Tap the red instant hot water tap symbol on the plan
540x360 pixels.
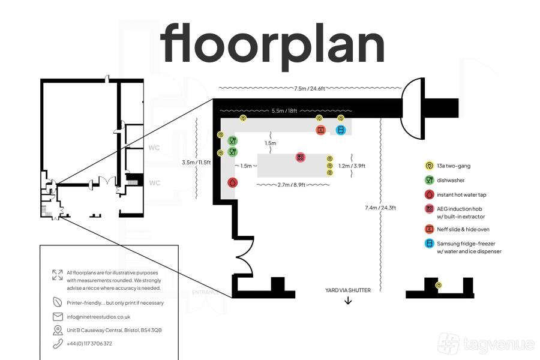click(x=232, y=182)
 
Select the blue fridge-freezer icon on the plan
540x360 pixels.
click(x=341, y=130)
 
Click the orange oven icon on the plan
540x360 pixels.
click(x=320, y=130)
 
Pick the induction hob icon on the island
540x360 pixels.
click(x=301, y=157)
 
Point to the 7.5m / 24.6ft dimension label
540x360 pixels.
click(x=310, y=89)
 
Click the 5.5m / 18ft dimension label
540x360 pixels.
click(x=284, y=111)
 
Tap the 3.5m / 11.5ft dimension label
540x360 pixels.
click(x=196, y=162)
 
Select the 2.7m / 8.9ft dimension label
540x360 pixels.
click(x=292, y=185)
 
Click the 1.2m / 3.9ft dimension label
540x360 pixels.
click(x=352, y=166)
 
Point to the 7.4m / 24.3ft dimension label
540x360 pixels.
click(x=380, y=208)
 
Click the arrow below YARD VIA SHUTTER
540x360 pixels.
click(x=348, y=301)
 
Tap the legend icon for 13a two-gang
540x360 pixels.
click(x=429, y=166)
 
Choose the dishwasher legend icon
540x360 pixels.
click(x=429, y=180)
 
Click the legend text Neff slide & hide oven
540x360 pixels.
click(x=463, y=229)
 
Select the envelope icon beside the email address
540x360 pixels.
click(x=58, y=317)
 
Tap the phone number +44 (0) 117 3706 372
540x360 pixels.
click(x=89, y=343)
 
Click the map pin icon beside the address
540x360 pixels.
click(x=58, y=330)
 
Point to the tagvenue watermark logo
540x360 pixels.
click(x=486, y=343)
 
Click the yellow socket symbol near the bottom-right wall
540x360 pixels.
click(x=439, y=285)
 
